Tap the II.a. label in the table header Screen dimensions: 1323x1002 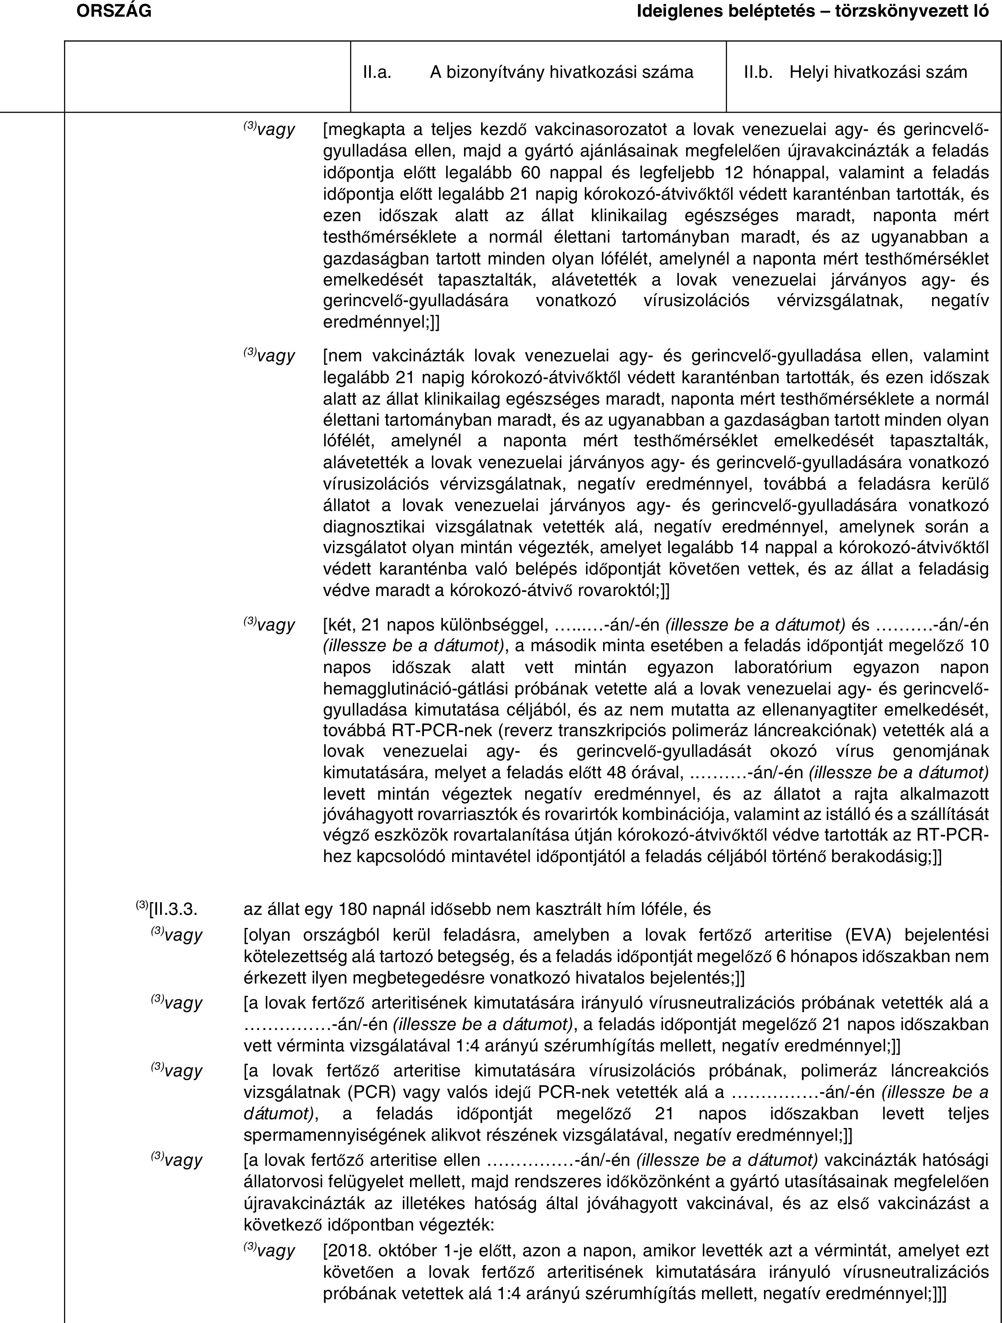point(377,72)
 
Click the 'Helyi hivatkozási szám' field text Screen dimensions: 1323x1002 point(878,72)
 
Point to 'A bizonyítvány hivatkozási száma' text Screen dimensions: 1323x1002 point(561,72)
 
